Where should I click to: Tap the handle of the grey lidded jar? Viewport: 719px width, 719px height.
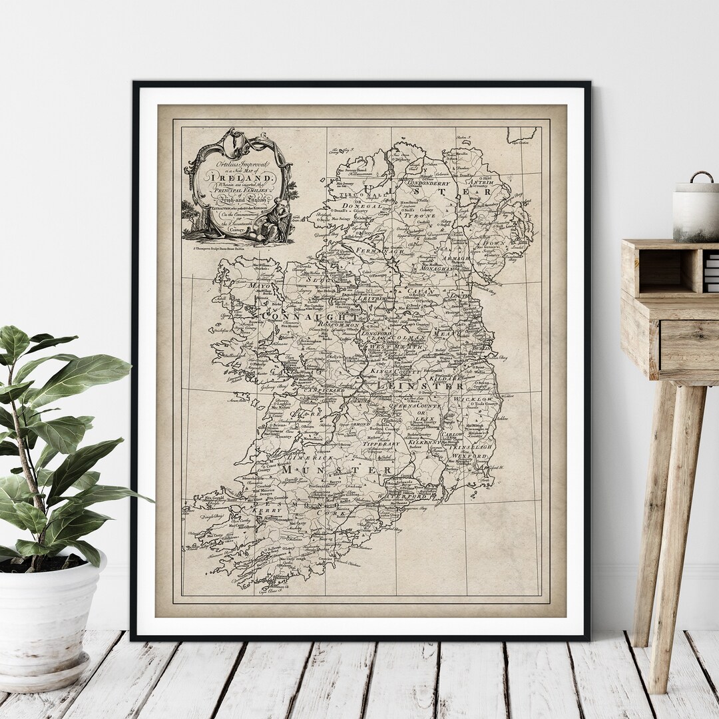pos(700,176)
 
